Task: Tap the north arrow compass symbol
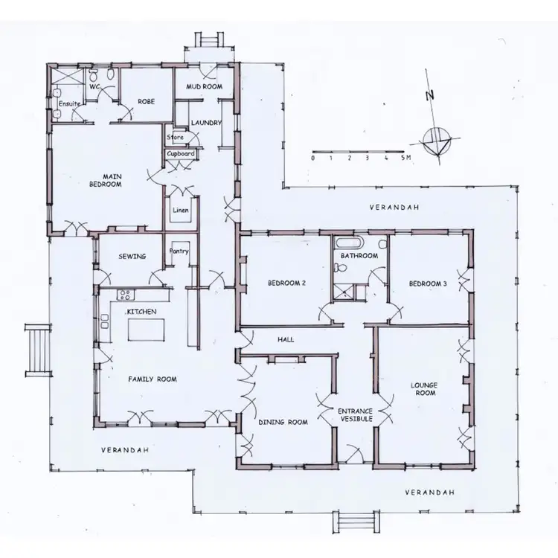pyautogui.click(x=434, y=138)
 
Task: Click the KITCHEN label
pyautogui.click(x=141, y=312)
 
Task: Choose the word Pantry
pyautogui.click(x=179, y=251)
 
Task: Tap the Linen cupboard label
pyautogui.click(x=181, y=210)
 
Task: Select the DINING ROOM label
pyautogui.click(x=283, y=423)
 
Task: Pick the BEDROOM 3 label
pyautogui.click(x=427, y=283)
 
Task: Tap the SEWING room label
pyautogui.click(x=132, y=257)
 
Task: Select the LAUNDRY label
pyautogui.click(x=205, y=123)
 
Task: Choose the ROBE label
pyautogui.click(x=145, y=103)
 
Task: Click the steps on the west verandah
pyautogui.click(x=36, y=350)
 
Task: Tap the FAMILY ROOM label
pyautogui.click(x=152, y=379)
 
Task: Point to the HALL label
pyautogui.click(x=286, y=340)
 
